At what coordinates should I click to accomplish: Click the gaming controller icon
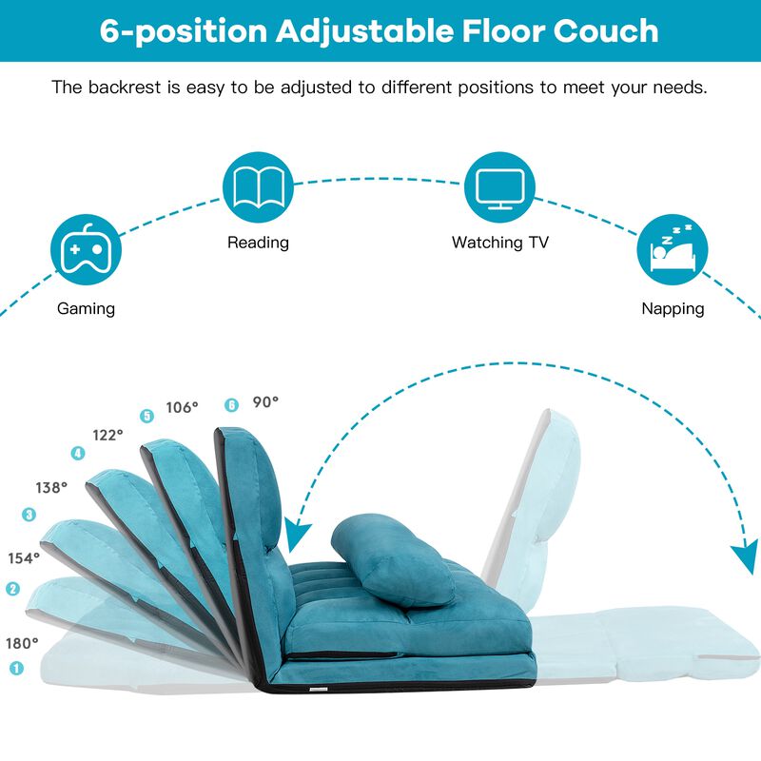[x=86, y=250]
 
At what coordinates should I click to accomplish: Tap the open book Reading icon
[x=258, y=185]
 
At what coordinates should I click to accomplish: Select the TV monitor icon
[x=499, y=185]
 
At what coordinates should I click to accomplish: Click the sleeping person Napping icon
[x=672, y=250]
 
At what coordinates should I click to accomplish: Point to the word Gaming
[x=86, y=308]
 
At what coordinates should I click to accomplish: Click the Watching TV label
[x=499, y=243]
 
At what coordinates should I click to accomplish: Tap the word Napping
[x=672, y=308]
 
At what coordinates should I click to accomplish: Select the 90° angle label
[x=265, y=402]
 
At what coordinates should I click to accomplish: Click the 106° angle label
[x=183, y=407]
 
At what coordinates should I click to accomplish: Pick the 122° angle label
[x=107, y=435]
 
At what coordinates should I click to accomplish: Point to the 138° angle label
[x=52, y=487]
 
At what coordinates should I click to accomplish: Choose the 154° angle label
[x=25, y=558]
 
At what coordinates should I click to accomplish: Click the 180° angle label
[x=23, y=643]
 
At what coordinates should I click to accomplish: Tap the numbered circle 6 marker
[x=230, y=404]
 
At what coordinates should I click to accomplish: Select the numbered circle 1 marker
[x=15, y=669]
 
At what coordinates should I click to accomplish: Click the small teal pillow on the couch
[x=392, y=561]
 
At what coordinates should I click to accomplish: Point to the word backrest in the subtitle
[x=120, y=88]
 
